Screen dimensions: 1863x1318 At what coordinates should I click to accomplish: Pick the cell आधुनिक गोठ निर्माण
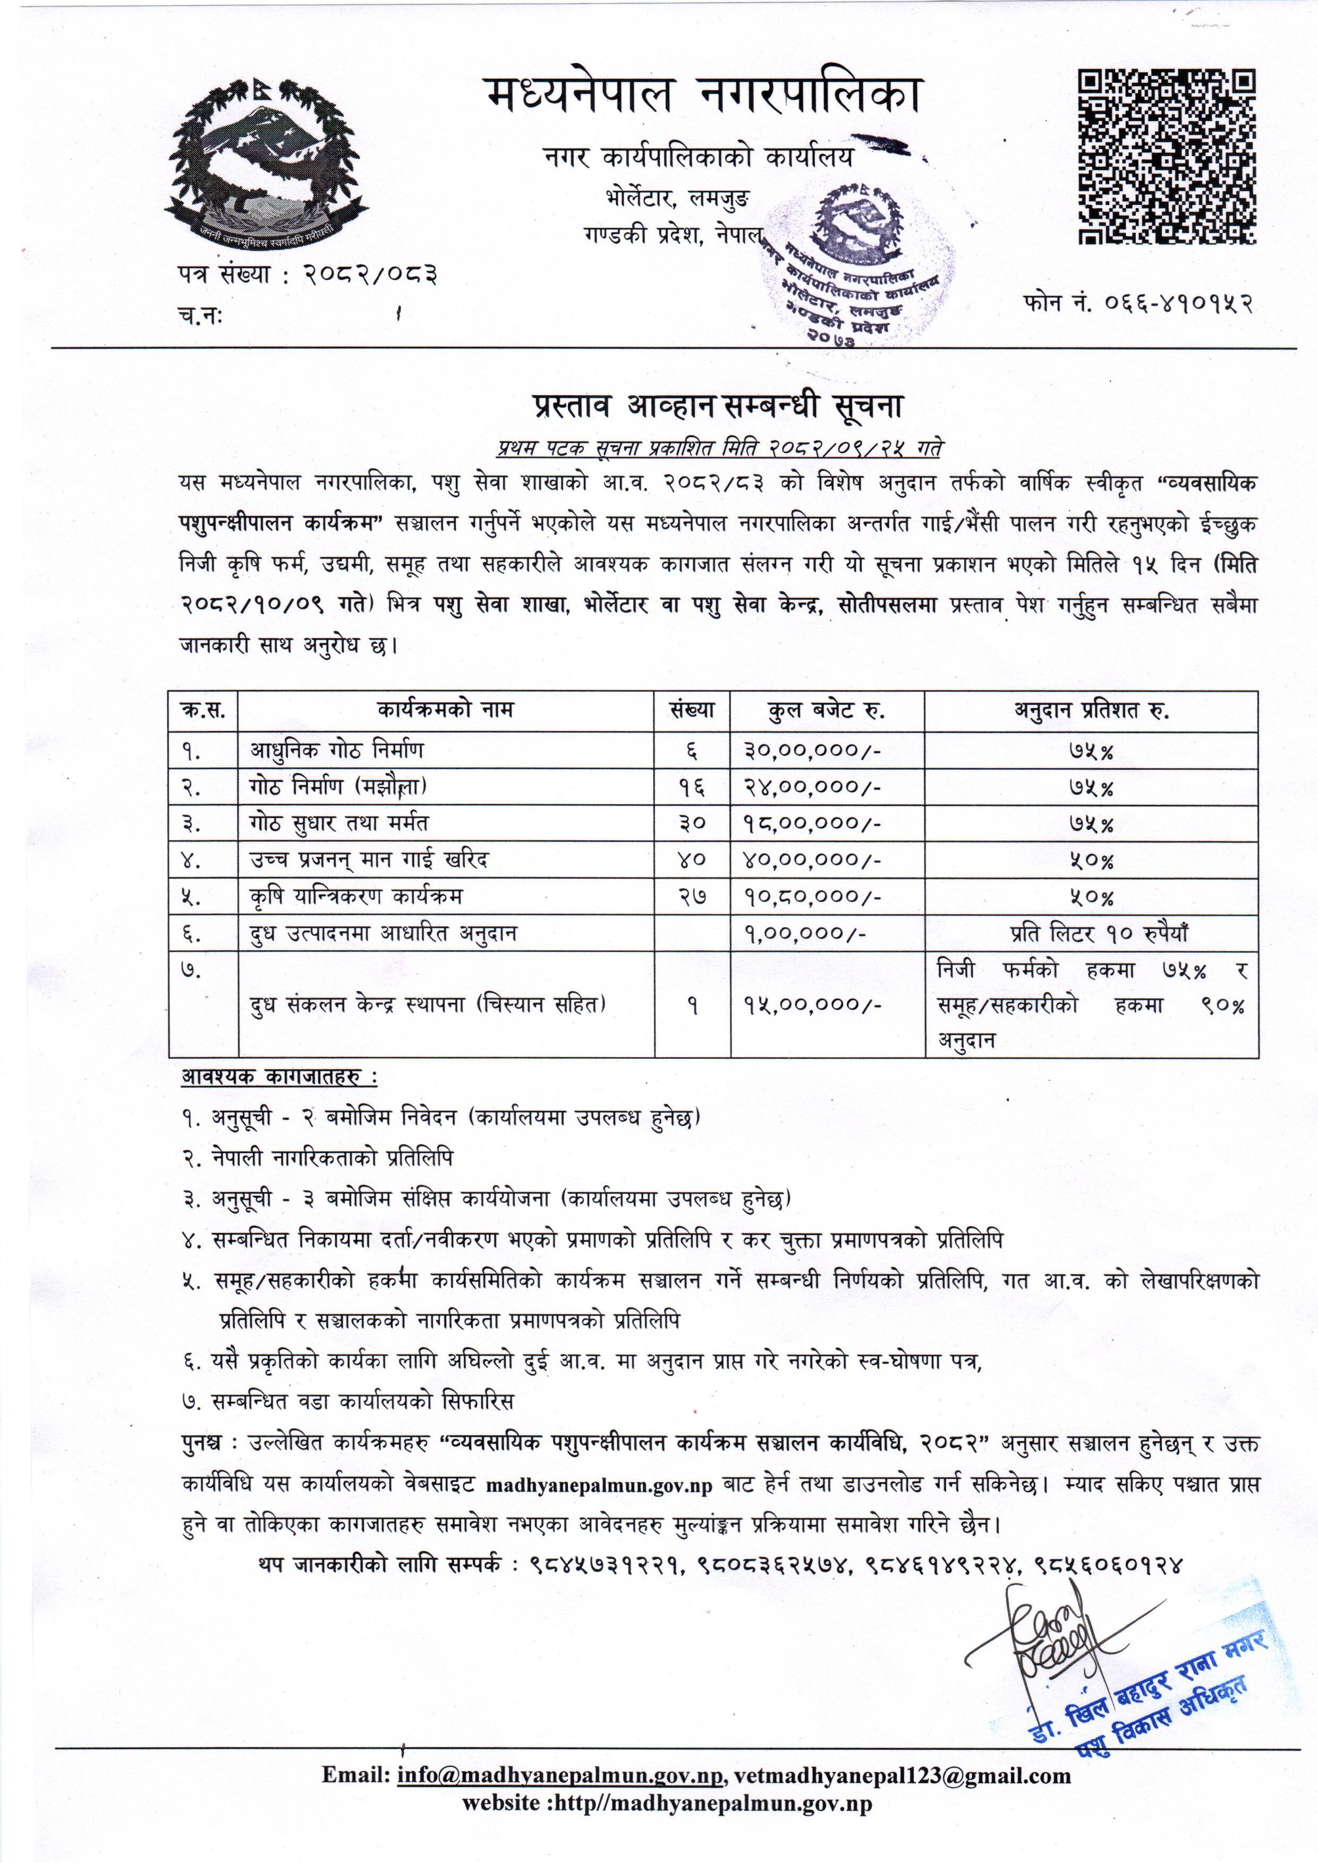click(336, 751)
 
